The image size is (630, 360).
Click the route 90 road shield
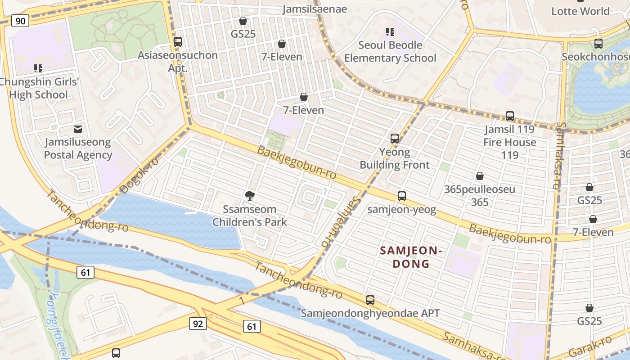20,20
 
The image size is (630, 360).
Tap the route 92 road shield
198,323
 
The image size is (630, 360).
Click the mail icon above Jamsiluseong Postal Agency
78,129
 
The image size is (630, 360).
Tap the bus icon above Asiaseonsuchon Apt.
178,42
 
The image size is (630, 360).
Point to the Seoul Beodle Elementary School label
390,51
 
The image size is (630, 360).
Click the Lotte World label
580,11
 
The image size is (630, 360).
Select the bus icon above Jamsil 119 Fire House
510,116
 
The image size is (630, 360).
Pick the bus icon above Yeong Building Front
395,139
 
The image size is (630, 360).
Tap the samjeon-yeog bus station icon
402,196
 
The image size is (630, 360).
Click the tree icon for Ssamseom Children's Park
249,195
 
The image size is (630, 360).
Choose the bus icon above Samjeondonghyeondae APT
370,300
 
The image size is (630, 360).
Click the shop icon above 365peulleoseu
480,176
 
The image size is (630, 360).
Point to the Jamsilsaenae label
315,9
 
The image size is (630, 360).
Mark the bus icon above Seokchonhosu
598,44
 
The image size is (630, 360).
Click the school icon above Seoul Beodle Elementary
390,31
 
